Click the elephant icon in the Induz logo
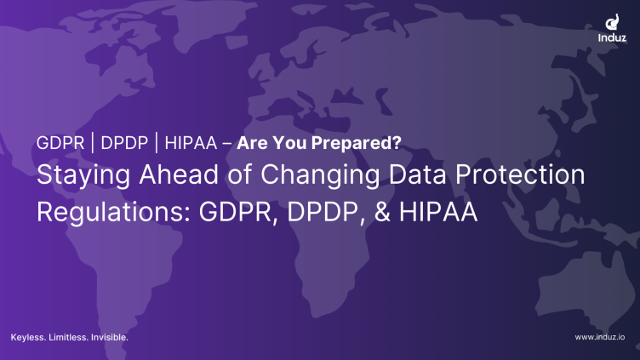(x=612, y=22)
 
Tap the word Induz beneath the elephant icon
(x=612, y=38)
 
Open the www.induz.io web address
(x=600, y=337)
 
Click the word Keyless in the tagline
(x=28, y=338)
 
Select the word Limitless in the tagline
(x=68, y=338)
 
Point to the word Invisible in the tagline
(x=110, y=338)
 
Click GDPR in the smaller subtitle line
(x=60, y=143)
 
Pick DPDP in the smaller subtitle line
(x=124, y=143)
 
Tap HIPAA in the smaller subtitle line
(x=191, y=143)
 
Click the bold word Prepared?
(x=357, y=143)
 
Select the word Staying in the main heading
(x=83, y=175)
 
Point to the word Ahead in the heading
(x=179, y=174)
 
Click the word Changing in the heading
(x=320, y=175)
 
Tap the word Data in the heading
(x=417, y=174)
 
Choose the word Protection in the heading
(x=520, y=174)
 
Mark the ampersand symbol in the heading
(x=382, y=211)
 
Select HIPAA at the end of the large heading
(x=438, y=211)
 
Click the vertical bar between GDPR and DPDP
(x=93, y=143)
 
